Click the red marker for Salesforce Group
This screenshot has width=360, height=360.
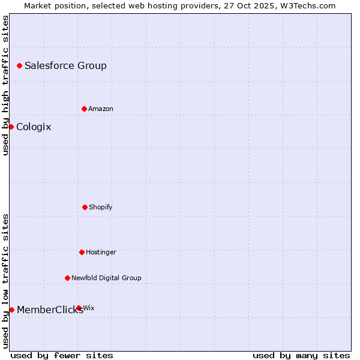point(19,65)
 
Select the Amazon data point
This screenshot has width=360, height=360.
point(84,109)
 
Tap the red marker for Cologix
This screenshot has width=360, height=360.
point(11,127)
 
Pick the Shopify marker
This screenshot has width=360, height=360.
point(85,207)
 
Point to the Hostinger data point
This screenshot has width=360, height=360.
point(82,252)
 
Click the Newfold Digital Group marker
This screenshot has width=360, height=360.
point(67,278)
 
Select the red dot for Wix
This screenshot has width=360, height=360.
point(79,308)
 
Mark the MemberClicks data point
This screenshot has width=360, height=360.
point(11,310)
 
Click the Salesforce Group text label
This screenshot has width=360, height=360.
point(65,65)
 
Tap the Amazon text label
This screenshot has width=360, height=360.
point(101,109)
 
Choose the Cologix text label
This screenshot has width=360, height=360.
point(34,127)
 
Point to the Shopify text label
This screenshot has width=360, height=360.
point(101,207)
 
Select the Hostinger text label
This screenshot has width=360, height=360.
point(101,252)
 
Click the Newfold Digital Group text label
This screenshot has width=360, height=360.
point(106,278)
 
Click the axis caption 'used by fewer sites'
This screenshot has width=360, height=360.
point(62,355)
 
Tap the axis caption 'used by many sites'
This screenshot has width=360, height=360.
point(301,355)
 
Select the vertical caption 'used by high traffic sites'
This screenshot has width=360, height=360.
point(5,85)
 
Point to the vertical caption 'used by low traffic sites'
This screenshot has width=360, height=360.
point(5,281)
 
